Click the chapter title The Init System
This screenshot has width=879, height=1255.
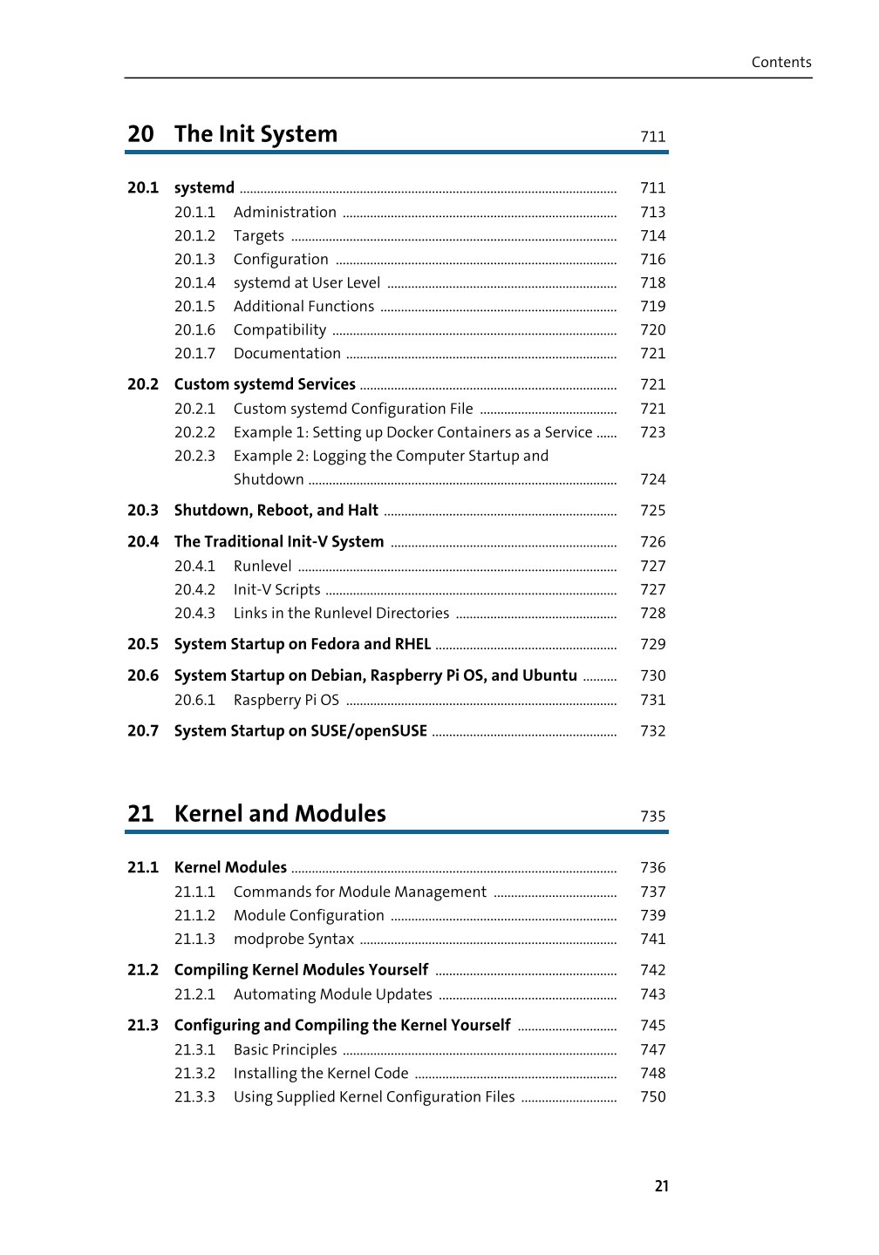point(256,134)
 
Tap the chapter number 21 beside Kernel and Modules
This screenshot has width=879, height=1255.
point(140,814)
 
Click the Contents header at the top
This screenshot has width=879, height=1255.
point(781,62)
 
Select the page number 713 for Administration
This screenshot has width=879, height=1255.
point(652,212)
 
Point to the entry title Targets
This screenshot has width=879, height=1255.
point(259,235)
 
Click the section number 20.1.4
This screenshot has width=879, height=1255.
point(194,282)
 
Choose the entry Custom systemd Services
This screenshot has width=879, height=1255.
point(264,384)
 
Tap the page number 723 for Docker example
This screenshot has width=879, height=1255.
point(652,432)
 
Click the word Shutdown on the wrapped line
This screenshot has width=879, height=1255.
point(269,479)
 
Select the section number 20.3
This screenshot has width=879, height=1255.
point(143,511)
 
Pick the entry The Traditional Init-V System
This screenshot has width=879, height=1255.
point(279,542)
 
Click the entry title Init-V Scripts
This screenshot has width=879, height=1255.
point(276,590)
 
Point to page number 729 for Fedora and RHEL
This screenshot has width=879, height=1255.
point(652,644)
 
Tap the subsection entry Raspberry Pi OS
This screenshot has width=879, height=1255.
point(286,700)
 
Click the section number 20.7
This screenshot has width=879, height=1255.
point(143,731)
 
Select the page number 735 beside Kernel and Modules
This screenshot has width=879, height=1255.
point(652,817)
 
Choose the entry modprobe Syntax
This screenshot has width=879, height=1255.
point(294,939)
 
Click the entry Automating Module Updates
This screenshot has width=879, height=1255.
point(333,994)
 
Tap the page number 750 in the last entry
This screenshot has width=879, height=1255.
point(652,1096)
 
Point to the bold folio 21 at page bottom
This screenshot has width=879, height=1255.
point(662,1186)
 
